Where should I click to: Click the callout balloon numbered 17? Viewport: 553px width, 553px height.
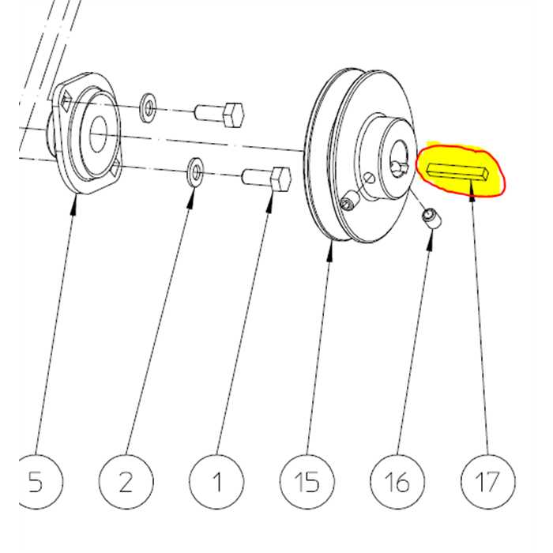pyautogui.click(x=488, y=481)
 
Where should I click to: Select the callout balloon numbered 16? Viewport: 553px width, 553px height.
pyautogui.click(x=397, y=481)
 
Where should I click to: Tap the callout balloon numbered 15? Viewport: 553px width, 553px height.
pyautogui.click(x=307, y=481)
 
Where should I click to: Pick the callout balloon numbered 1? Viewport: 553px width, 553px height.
pyautogui.click(x=216, y=481)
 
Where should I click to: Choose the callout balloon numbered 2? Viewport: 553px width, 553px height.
pyautogui.click(x=126, y=481)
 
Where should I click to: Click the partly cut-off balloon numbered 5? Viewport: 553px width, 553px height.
pyautogui.click(x=36, y=481)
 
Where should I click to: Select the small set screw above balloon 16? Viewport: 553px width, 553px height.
pyautogui.click(x=432, y=218)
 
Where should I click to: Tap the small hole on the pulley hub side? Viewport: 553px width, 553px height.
pyautogui.click(x=368, y=179)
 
